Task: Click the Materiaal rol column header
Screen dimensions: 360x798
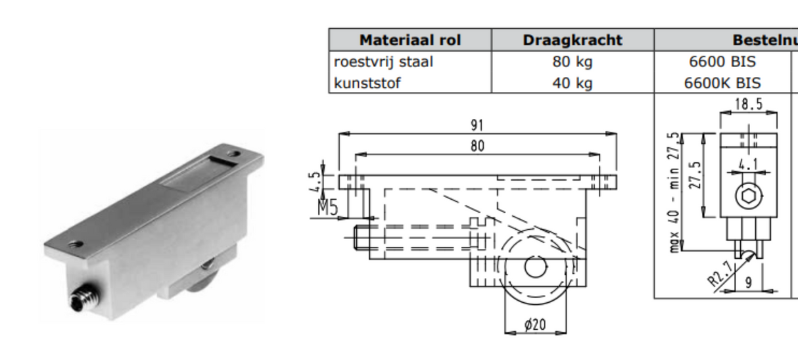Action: click(410, 40)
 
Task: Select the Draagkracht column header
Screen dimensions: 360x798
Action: click(573, 40)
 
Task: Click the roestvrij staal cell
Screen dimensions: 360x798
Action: click(384, 62)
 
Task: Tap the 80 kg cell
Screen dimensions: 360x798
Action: click(573, 62)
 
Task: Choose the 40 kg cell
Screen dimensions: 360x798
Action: click(573, 83)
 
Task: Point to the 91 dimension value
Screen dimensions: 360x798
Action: click(477, 125)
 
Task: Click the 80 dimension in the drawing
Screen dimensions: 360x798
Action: click(477, 146)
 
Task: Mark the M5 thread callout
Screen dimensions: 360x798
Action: click(327, 209)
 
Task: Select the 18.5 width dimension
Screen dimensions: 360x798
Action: click(749, 104)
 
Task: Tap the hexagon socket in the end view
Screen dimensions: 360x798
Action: click(748, 196)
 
